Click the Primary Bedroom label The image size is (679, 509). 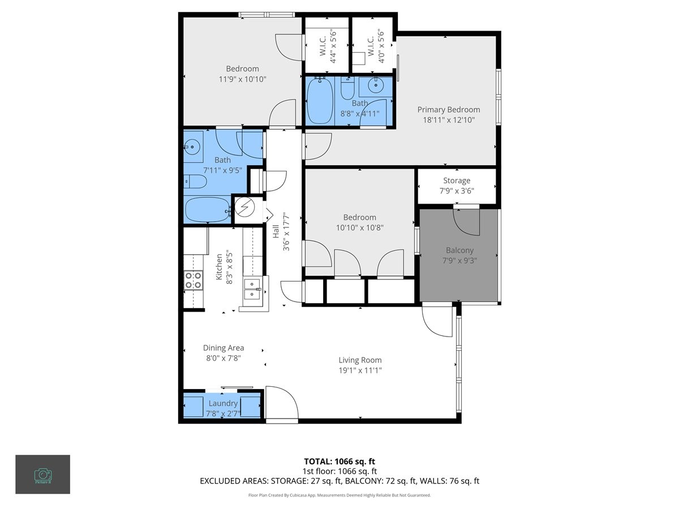pyautogui.click(x=448, y=110)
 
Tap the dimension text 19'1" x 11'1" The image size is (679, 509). pyautogui.click(x=360, y=370)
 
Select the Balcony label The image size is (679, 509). pyautogui.click(x=459, y=250)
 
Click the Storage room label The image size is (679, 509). pyautogui.click(x=456, y=180)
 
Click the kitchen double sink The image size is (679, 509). pyautogui.click(x=252, y=288)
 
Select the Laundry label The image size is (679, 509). pyautogui.click(x=223, y=403)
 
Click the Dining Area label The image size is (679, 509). pyautogui.click(x=224, y=348)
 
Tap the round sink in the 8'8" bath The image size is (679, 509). pyautogui.click(x=375, y=86)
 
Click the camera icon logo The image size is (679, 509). pyautogui.click(x=42, y=474)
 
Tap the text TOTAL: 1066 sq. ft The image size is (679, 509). pyautogui.click(x=339, y=461)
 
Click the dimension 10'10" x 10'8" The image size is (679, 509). pyautogui.click(x=359, y=227)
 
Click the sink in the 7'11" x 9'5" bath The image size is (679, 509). pyautogui.click(x=192, y=147)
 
